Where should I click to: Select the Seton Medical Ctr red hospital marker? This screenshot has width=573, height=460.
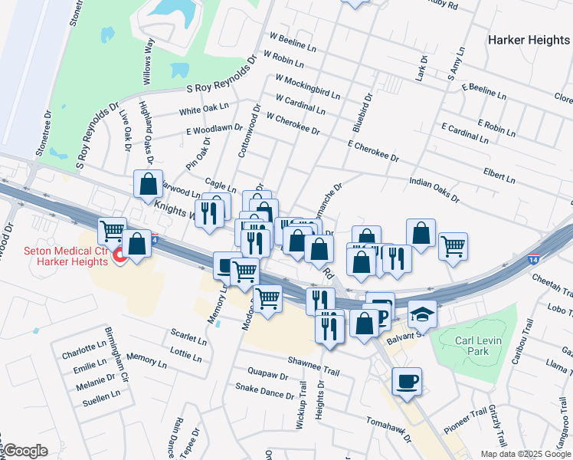[120, 256]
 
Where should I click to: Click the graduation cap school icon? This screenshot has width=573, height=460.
[421, 313]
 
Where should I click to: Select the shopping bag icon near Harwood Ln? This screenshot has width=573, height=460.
[149, 184]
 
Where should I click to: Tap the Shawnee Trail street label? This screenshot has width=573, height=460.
[313, 360]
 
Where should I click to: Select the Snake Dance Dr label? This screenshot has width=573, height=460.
[264, 392]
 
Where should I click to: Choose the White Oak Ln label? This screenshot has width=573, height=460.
[204, 110]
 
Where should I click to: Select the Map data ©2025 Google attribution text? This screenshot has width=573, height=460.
[526, 454]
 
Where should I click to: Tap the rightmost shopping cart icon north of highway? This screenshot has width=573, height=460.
[453, 246]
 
